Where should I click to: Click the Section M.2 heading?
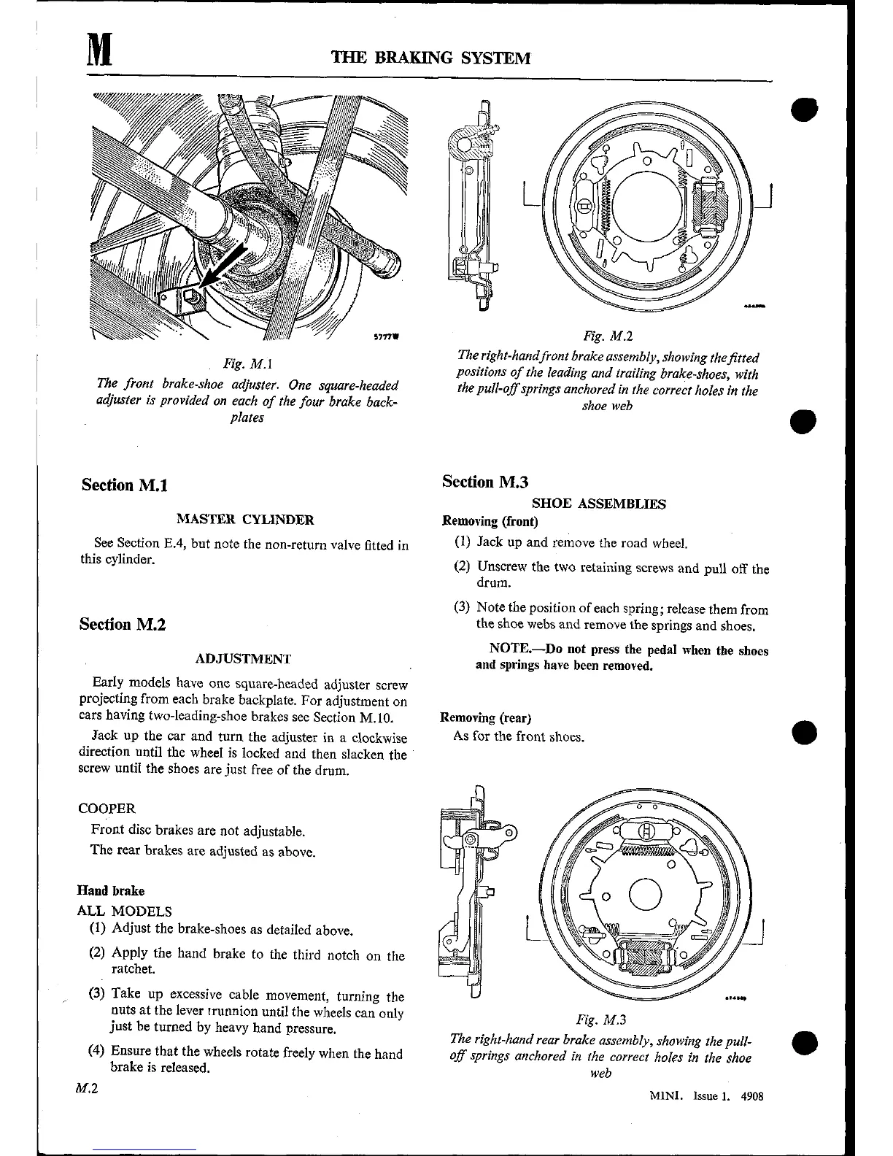[x=123, y=625]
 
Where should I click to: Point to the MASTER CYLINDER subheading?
[x=245, y=520]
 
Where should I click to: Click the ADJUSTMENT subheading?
[x=244, y=659]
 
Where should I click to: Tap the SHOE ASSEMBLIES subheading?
[x=598, y=504]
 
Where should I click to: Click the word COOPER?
[x=107, y=809]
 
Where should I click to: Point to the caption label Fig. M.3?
[x=601, y=1020]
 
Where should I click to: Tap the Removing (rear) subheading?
[x=486, y=717]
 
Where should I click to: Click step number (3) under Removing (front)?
[x=462, y=608]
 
